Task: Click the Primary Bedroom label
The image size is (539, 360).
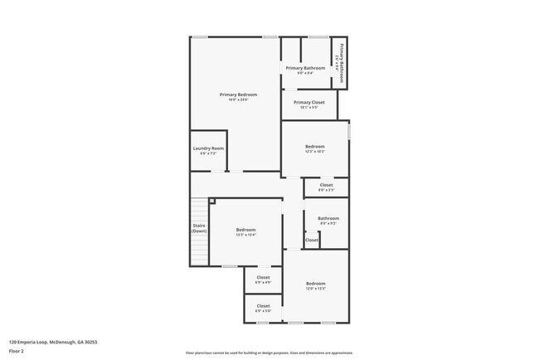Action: coord(238,95)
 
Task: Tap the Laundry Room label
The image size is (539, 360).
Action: coord(208,148)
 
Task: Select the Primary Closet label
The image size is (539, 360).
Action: coord(308,102)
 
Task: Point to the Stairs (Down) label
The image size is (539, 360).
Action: coord(199,227)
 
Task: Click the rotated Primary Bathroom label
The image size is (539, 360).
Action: coord(338,61)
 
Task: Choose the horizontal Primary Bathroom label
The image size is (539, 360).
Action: coord(305,68)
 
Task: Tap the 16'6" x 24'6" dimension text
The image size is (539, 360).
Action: coord(238,100)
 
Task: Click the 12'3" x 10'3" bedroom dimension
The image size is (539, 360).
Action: coord(315,152)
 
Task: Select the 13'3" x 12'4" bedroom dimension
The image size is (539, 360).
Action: coord(245,235)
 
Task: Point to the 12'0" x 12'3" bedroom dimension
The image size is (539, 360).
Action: coord(315,289)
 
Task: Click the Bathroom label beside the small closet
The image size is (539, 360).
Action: coord(328,218)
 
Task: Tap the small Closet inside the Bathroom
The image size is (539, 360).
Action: coord(311,240)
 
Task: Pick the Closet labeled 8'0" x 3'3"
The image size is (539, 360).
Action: coord(326,190)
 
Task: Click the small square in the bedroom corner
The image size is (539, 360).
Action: coord(212,201)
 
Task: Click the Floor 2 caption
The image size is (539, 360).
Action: coord(17,351)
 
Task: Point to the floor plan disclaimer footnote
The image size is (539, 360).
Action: coord(269,353)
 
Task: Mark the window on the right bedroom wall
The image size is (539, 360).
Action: coord(349,131)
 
